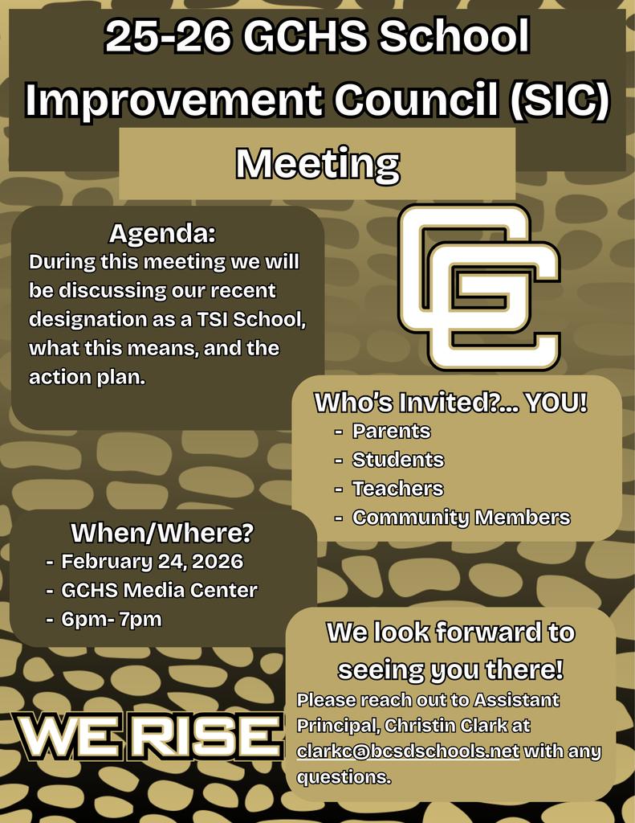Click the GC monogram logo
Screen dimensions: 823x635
[479, 287]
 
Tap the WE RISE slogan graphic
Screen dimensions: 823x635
[146, 734]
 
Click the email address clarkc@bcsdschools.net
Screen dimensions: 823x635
[408, 751]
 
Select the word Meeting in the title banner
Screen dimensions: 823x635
[317, 164]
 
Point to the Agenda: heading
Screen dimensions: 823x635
[163, 235]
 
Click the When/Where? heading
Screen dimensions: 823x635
[162, 533]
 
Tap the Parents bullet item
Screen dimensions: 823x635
[391, 432]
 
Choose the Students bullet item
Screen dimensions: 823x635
[397, 460]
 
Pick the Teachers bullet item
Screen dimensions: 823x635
[397, 489]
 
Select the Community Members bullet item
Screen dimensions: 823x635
[461, 518]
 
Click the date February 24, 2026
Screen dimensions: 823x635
[152, 561]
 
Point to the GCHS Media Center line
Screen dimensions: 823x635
[159, 590]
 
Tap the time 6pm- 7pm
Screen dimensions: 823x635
[112, 619]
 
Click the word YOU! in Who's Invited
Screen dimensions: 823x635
[556, 403]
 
